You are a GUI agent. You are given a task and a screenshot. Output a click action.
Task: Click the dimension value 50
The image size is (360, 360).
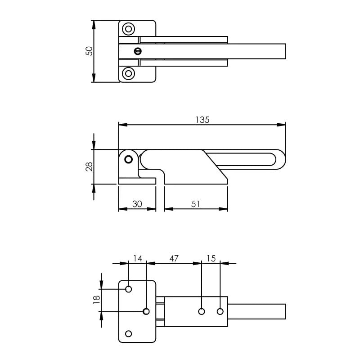(90, 51)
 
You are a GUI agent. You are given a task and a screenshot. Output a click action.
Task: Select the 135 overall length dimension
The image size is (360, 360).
(202, 120)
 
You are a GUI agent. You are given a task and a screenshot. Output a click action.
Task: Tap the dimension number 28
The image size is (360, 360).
(90, 166)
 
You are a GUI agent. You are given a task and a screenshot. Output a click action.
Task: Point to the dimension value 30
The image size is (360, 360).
(137, 204)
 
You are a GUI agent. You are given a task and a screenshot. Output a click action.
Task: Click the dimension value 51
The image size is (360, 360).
(196, 204)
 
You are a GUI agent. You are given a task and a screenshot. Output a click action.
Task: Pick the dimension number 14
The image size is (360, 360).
(137, 258)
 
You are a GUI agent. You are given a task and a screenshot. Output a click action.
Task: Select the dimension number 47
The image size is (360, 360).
(174, 258)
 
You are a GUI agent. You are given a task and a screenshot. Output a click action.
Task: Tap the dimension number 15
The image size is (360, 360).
(211, 258)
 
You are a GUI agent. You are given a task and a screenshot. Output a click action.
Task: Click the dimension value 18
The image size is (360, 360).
(96, 300)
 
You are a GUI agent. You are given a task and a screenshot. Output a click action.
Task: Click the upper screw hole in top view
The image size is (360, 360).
(129, 29)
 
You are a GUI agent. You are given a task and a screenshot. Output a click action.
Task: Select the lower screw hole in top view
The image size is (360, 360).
(129, 73)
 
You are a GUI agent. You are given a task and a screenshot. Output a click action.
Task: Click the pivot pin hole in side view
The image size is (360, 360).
(129, 159)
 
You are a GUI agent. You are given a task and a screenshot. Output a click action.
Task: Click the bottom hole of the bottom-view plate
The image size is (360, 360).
(129, 333)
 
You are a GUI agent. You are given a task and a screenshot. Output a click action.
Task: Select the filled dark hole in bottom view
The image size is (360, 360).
(146, 311)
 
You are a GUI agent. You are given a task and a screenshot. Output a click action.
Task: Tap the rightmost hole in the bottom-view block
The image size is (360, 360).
(220, 311)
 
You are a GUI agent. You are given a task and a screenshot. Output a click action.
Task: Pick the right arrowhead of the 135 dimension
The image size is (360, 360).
(283, 125)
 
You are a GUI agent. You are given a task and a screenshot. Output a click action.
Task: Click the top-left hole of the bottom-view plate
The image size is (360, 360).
(129, 289)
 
